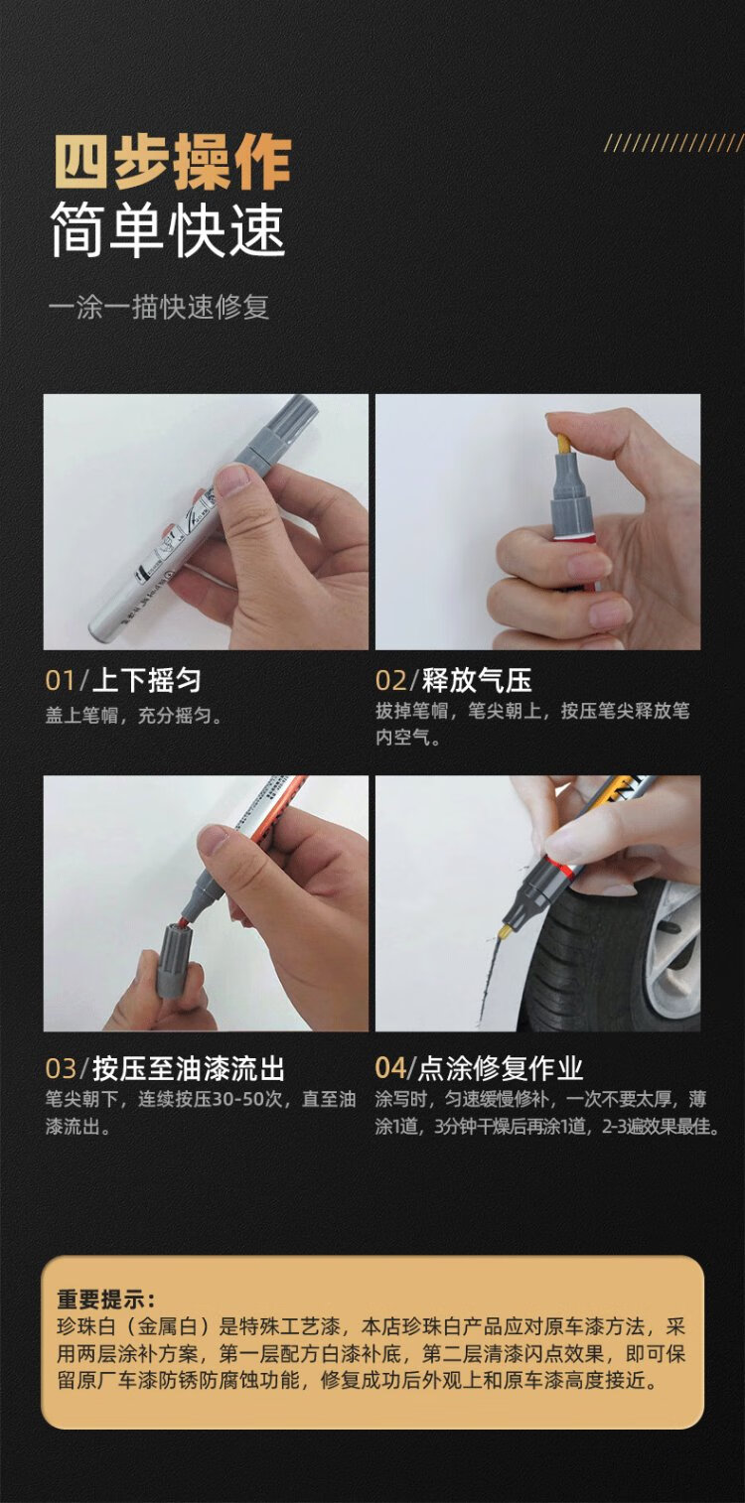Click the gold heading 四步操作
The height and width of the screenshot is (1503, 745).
(173, 163)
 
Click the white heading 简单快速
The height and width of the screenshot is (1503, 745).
(169, 230)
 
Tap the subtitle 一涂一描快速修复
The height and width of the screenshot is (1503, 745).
(159, 308)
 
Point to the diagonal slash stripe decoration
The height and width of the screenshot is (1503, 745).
(673, 142)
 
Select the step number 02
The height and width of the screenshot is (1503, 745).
(391, 680)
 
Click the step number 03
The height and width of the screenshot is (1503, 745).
(61, 1068)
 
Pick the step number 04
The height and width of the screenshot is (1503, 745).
(390, 1068)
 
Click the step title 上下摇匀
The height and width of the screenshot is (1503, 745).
(146, 680)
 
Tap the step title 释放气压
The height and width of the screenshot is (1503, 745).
(477, 680)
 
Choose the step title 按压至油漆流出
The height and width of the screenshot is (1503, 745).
(189, 1068)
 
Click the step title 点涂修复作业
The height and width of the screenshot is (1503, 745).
(500, 1068)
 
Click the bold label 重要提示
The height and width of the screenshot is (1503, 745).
(105, 1299)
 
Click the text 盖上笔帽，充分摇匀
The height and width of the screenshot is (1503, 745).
(133, 716)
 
